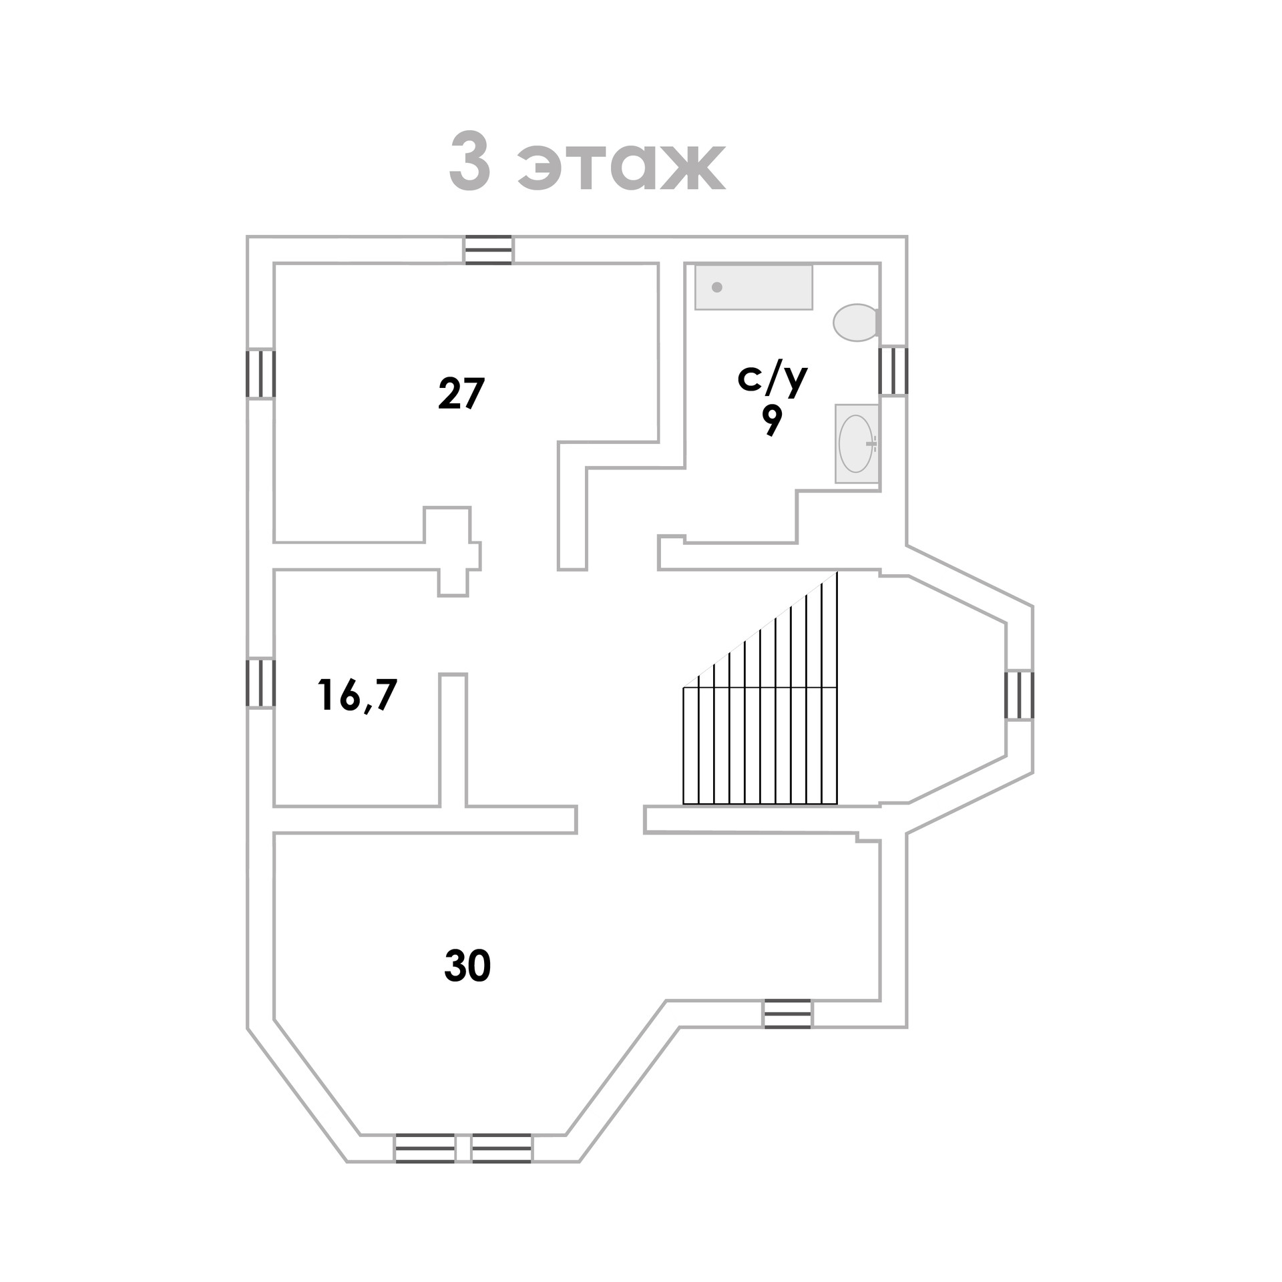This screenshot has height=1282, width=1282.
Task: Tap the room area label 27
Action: coord(461,393)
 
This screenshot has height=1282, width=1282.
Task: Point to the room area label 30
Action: coord(467,966)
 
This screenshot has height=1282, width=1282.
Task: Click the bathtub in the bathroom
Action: coord(753,287)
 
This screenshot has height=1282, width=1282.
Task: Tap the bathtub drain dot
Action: coord(717,287)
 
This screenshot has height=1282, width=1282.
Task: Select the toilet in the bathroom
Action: coord(855,323)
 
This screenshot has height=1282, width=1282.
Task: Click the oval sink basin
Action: coord(855,443)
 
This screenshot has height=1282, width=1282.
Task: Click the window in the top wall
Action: coord(488,250)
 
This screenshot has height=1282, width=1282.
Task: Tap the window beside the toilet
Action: coord(893,371)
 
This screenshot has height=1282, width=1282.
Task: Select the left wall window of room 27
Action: coord(260,374)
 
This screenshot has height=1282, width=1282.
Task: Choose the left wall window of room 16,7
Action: coord(260,682)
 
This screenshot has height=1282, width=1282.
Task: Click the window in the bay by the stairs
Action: coord(1020,694)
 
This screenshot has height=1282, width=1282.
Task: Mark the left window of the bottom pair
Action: coord(425,1148)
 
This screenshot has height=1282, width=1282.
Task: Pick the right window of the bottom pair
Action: coord(501,1148)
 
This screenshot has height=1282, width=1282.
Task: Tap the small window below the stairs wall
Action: coord(787,1014)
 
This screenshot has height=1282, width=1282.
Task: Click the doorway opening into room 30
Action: coord(610,820)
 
